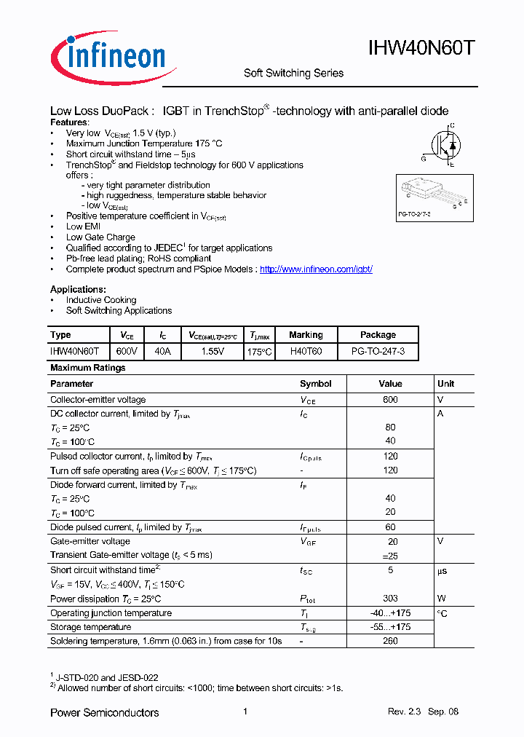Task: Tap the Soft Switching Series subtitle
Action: [x=293, y=73]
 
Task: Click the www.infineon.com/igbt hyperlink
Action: [x=316, y=269]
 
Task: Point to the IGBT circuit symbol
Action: [x=445, y=145]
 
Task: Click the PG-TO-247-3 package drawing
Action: [x=434, y=196]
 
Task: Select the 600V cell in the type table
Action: [x=127, y=351]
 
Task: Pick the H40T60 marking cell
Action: [x=306, y=351]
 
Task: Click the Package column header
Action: [x=378, y=335]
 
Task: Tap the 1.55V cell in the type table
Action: [x=213, y=351]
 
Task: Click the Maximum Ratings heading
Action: [x=87, y=368]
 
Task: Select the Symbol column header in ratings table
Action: [x=315, y=384]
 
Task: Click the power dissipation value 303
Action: [x=390, y=599]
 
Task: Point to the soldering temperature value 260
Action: [x=390, y=642]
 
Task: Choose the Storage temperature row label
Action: [x=90, y=627]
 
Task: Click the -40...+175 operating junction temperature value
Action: [x=390, y=613]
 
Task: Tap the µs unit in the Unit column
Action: [x=441, y=571]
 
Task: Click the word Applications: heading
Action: [x=78, y=289]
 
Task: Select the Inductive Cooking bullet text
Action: [x=101, y=300]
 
